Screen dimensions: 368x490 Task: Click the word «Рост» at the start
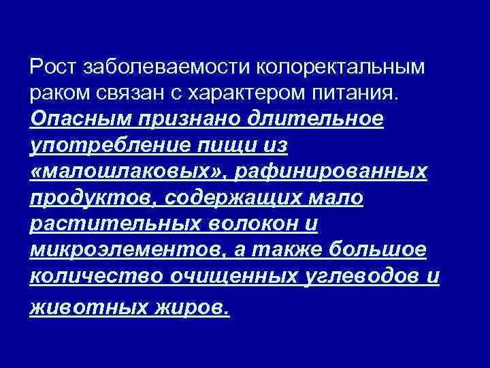pyautogui.click(x=53, y=67)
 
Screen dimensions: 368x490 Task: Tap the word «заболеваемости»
pyautogui.click(x=164, y=67)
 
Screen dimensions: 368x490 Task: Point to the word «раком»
pyautogui.click(x=57, y=93)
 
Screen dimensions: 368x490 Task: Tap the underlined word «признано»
pyautogui.click(x=197, y=119)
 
